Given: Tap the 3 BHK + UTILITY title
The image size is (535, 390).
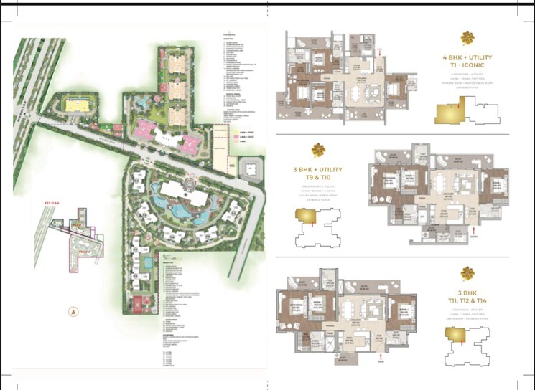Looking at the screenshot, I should [x=317, y=170].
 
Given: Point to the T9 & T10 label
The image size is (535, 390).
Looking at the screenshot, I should [x=317, y=178].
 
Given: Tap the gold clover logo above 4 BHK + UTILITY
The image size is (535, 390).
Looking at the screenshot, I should [x=467, y=37].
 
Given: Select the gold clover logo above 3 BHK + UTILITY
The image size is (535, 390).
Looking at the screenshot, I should [x=317, y=151].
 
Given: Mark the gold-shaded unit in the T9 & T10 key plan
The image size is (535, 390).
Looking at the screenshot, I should [x=305, y=217].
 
